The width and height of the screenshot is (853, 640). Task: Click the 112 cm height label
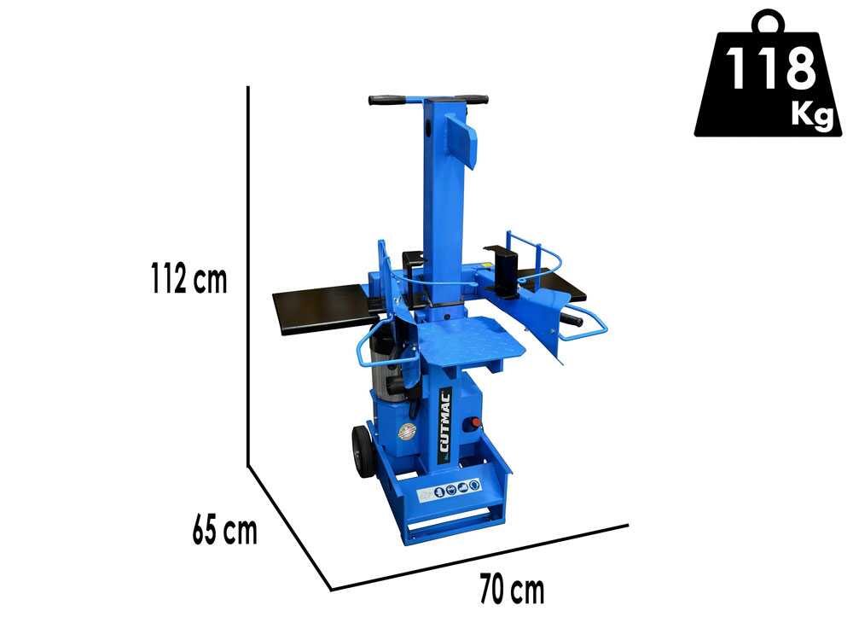(189, 278)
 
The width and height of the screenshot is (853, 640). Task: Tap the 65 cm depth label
(224, 530)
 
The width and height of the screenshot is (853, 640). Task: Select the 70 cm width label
(512, 590)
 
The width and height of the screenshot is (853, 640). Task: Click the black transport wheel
(360, 451)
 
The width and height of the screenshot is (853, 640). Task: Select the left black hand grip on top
(386, 100)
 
